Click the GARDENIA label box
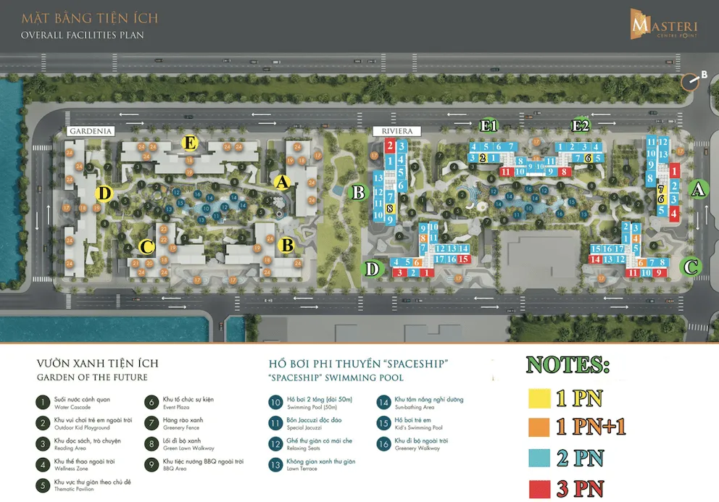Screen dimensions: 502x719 click(x=90, y=131)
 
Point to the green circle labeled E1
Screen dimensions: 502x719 click(x=491, y=126)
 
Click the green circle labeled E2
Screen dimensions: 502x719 click(x=581, y=126)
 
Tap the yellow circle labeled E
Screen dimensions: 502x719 click(x=191, y=143)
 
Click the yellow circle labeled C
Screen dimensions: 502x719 click(x=147, y=248)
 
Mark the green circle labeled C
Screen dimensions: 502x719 click(x=691, y=267)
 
